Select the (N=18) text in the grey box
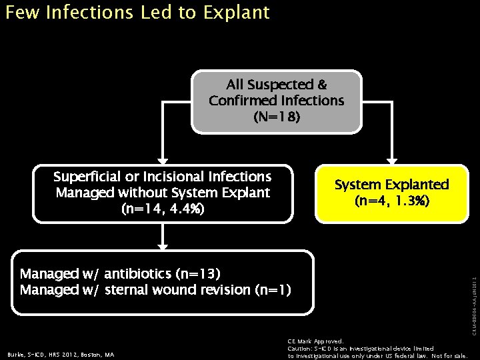[277, 117]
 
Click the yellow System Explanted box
[391, 193]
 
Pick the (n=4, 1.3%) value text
[392, 201]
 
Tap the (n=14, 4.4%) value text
[163, 209]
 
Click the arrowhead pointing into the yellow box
[392, 161]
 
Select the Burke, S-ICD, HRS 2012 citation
[61, 355]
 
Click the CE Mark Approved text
[315, 341]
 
